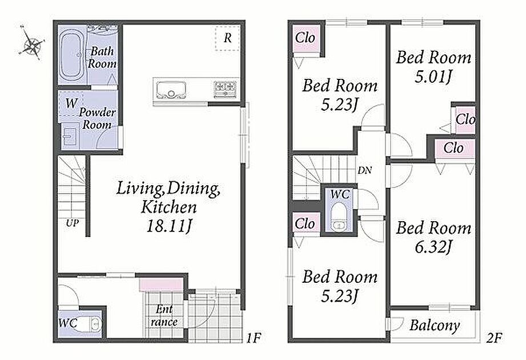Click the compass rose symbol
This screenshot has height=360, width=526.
click(x=32, y=43)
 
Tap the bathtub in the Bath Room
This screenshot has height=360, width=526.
click(x=72, y=55)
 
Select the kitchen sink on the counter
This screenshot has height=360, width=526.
click(x=171, y=90)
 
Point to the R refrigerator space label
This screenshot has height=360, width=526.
click(x=227, y=38)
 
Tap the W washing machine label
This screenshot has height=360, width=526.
click(x=71, y=103)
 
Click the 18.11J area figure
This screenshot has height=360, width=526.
click(x=168, y=226)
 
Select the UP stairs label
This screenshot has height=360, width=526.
click(x=72, y=223)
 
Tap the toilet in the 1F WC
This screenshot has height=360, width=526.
click(x=88, y=325)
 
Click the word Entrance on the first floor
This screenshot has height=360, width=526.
click(x=164, y=315)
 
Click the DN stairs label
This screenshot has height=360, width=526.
click(x=364, y=170)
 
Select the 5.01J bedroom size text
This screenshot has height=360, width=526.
click(x=433, y=77)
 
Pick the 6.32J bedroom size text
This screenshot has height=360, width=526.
click(x=433, y=247)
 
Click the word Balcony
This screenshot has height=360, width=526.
click(x=435, y=325)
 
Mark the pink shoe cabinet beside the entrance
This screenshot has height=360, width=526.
click(x=161, y=285)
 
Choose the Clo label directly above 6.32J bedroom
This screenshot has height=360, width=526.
click(x=453, y=147)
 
